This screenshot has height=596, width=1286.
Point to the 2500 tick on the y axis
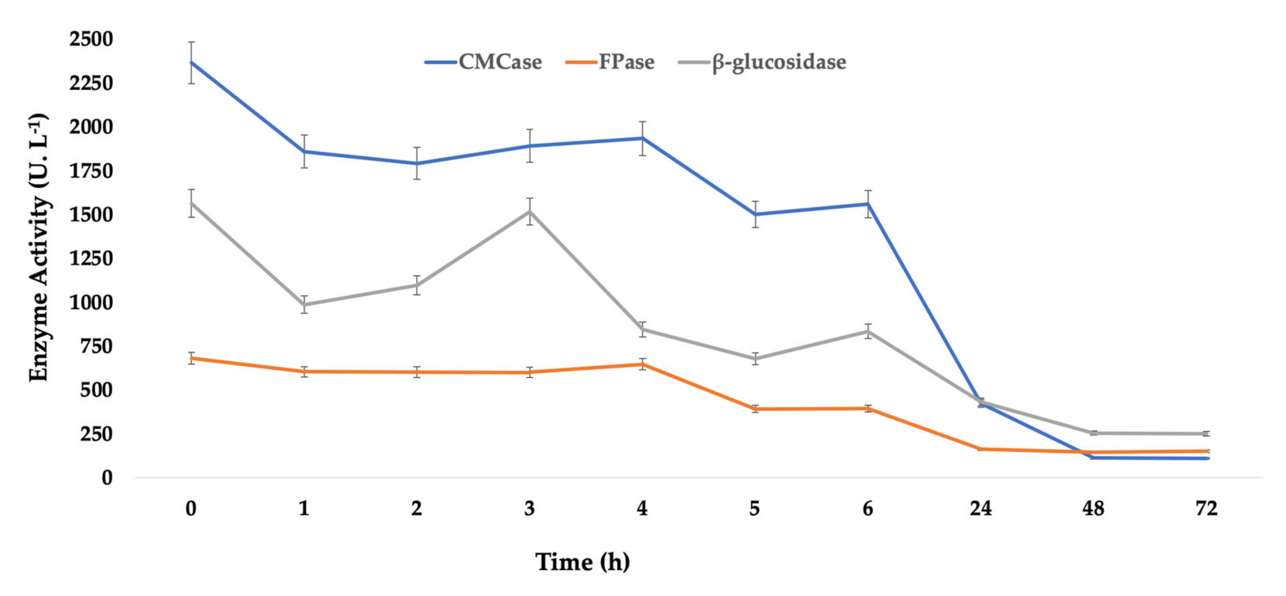[x=91, y=39]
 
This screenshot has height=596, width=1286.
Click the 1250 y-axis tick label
[x=91, y=259]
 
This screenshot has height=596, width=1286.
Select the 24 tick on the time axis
[x=981, y=509]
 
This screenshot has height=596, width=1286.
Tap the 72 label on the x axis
[x=1206, y=509]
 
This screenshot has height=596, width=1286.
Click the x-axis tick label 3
[x=529, y=509]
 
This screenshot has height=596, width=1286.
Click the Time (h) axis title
[x=582, y=562]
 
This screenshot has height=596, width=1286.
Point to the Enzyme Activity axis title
[x=39, y=248]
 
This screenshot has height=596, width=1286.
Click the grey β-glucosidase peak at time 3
[x=529, y=211]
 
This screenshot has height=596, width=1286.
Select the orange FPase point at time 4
[x=642, y=364]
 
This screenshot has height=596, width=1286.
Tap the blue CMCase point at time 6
[x=868, y=204]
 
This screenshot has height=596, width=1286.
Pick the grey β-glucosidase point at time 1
[x=304, y=305]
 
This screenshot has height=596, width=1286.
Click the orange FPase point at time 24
[x=981, y=449]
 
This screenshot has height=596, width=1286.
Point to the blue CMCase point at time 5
[x=755, y=214]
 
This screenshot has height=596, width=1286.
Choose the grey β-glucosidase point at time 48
[x=1093, y=433]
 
